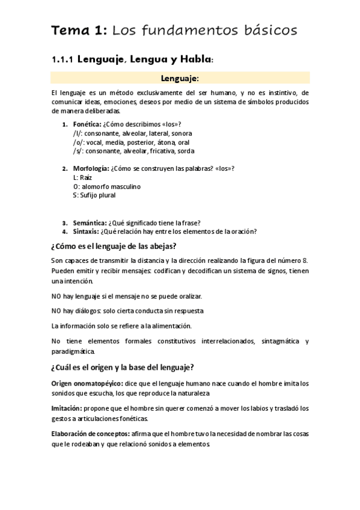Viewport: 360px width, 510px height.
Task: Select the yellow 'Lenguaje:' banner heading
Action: click(180, 78)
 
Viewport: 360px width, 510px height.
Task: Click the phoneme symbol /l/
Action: click(76, 133)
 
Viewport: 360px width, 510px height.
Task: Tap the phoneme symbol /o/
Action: click(78, 142)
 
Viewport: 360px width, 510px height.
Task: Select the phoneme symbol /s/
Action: click(77, 151)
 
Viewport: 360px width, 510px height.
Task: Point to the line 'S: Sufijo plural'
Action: click(94, 195)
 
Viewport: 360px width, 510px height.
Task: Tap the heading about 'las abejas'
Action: click(114, 247)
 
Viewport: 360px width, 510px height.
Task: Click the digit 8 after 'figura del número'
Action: click(306, 260)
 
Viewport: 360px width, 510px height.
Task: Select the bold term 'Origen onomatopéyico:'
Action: click(87, 383)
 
